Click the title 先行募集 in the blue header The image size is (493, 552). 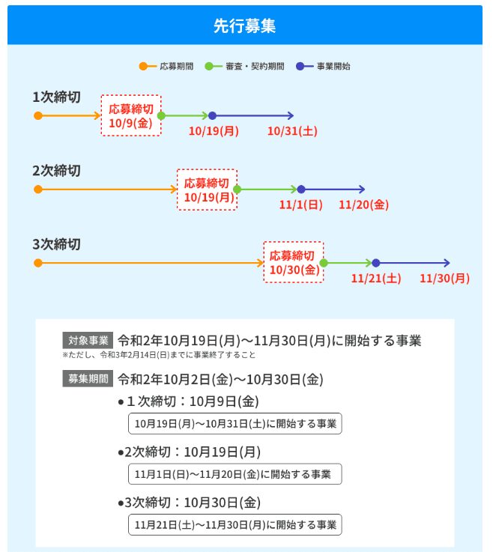click(244, 25)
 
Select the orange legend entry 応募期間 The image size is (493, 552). click(166, 66)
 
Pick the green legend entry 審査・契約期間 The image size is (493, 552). click(244, 66)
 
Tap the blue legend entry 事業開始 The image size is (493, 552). click(323, 66)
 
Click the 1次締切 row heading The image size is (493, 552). click(56, 97)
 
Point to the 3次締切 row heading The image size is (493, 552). click(56, 244)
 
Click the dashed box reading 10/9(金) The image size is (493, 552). click(131, 115)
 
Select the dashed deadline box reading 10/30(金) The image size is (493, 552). click(294, 262)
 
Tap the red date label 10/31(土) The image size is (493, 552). click(292, 131)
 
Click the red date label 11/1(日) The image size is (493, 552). click(300, 204)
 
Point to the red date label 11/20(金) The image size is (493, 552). click(364, 204)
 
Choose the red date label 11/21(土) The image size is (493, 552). click(376, 279)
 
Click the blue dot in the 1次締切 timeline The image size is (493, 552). click(212, 115)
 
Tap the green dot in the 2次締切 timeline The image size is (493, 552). click(238, 189)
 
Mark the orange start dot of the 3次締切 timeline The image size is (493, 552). click(38, 263)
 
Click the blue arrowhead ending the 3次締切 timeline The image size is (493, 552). click(447, 263)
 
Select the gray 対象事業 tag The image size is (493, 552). click(88, 340)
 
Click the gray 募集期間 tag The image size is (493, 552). click(88, 378)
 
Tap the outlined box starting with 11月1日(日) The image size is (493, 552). click(235, 474)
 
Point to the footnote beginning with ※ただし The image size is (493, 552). click(159, 355)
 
